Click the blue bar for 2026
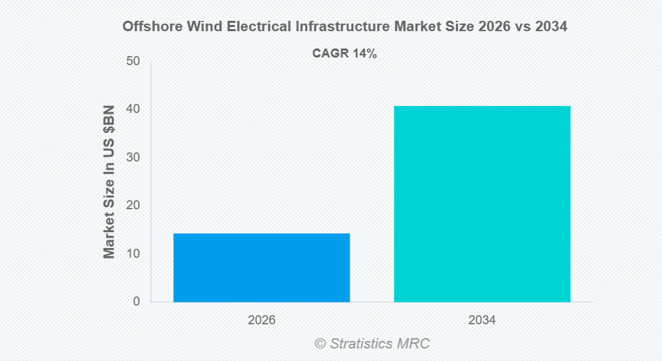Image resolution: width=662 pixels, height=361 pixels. click(262, 267)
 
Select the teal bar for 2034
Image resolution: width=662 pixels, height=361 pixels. click(482, 204)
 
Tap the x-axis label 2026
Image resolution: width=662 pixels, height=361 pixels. click(262, 321)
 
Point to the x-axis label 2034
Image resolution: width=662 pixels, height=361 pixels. click(482, 321)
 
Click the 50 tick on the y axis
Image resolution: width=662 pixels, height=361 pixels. click(133, 62)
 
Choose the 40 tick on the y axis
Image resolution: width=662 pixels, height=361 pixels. click(133, 109)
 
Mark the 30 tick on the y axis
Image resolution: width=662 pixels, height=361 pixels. click(133, 158)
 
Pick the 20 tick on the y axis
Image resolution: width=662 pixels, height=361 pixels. click(133, 206)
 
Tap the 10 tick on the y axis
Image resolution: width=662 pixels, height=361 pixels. click(133, 254)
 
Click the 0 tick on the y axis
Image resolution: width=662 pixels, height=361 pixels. click(136, 302)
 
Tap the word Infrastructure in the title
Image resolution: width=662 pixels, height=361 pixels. click(343, 27)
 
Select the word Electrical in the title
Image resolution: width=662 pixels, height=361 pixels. click(259, 27)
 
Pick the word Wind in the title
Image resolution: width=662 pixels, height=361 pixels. click(204, 27)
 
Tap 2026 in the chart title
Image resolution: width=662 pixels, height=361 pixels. click(493, 27)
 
